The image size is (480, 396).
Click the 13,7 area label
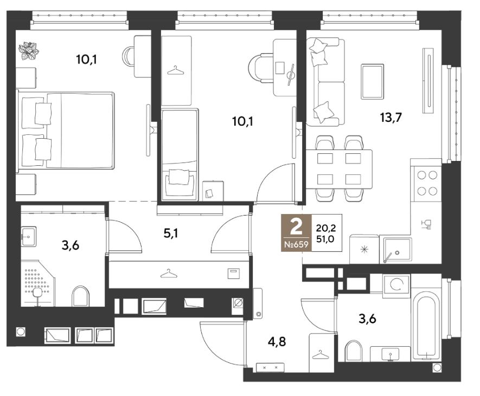point(391,117)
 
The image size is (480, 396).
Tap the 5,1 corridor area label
point(171,233)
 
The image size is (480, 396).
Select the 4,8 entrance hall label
point(277,341)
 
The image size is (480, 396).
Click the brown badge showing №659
point(296,233)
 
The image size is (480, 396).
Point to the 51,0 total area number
point(325,239)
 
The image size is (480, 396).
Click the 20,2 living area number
point(326,228)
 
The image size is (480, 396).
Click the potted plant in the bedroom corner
point(28,51)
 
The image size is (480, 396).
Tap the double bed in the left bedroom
point(66,131)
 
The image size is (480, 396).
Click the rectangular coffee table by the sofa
point(372,82)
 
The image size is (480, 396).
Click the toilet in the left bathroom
point(80,296)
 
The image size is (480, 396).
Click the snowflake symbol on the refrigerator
point(364,249)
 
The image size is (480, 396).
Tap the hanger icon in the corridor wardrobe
point(169,274)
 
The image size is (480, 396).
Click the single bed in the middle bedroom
point(180,155)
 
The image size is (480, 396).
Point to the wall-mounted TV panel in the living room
point(428,80)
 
